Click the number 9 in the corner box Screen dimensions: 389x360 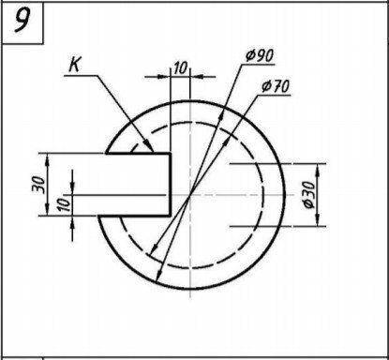22,20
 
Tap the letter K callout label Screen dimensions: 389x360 74,66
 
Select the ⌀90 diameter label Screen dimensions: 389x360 260,55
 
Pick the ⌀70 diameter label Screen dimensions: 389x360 276,86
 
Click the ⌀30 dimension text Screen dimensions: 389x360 309,195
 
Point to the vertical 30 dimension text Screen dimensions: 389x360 38,185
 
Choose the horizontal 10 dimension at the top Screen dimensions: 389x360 181,67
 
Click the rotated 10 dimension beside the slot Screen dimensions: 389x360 64,203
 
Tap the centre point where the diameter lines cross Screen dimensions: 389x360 189,195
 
